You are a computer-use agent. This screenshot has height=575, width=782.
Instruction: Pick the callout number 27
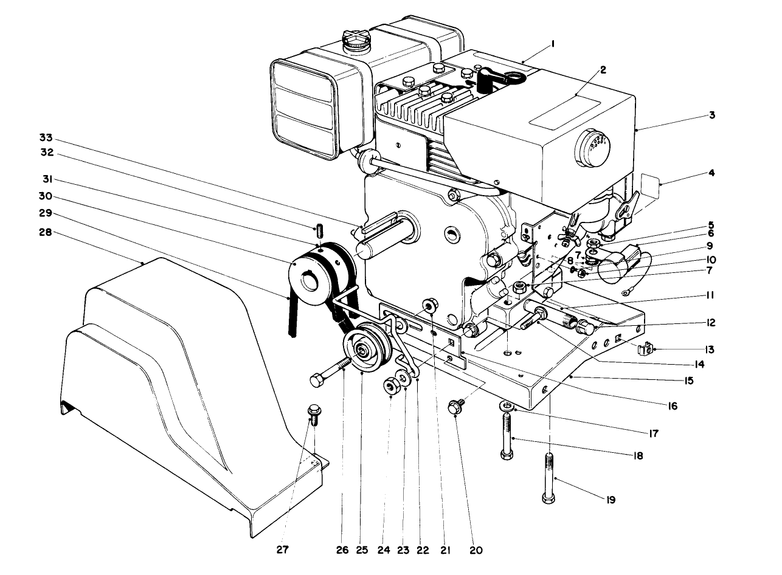pyautogui.click(x=282, y=549)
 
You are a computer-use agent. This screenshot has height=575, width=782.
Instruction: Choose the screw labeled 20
pyautogui.click(x=455, y=407)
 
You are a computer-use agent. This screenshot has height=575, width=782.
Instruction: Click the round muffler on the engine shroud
pyautogui.click(x=592, y=146)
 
